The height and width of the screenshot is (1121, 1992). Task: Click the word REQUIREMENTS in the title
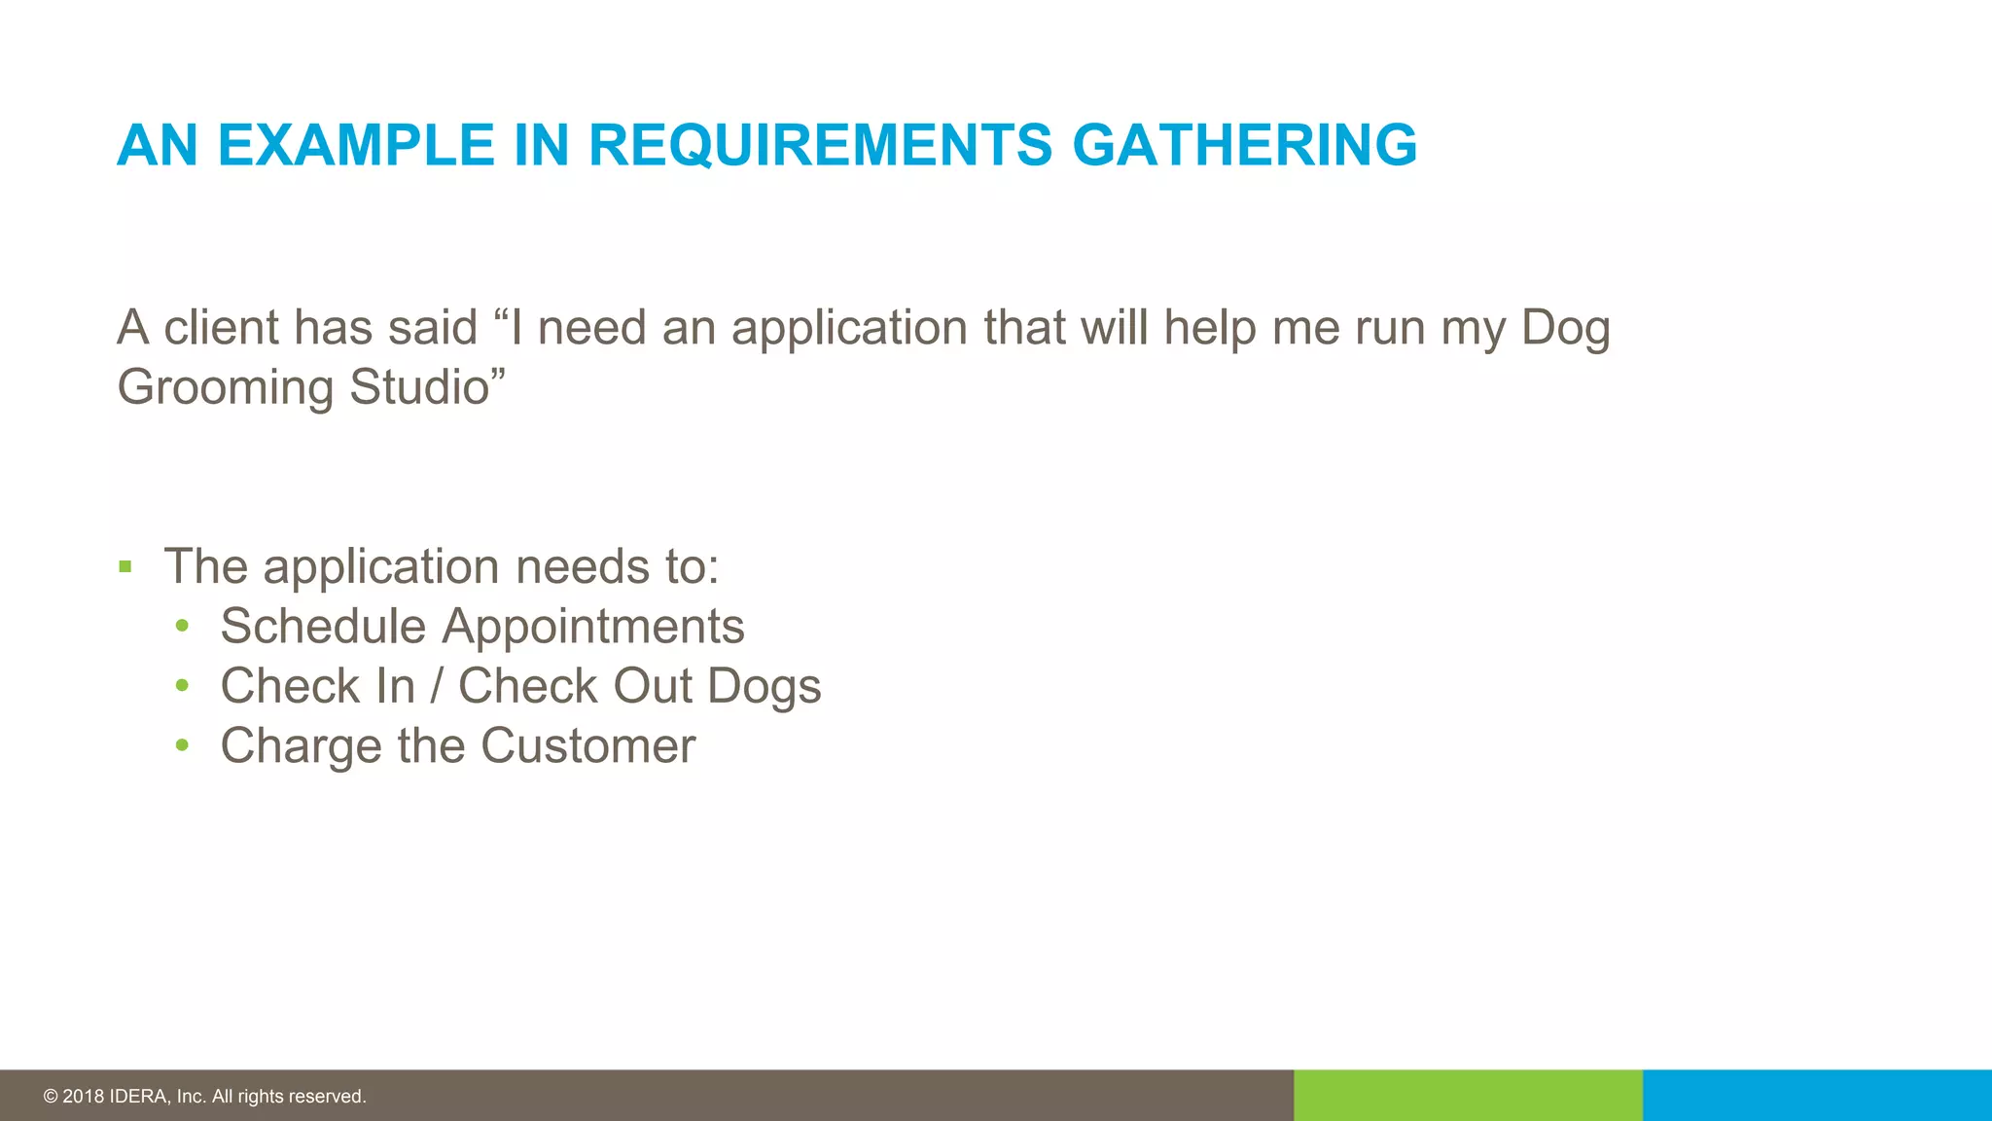[x=820, y=146]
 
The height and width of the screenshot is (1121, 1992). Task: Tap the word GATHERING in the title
[x=1244, y=146]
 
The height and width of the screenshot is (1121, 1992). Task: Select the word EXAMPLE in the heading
[x=356, y=146]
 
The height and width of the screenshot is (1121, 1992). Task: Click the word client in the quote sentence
[x=223, y=328]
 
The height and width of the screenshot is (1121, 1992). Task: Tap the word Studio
[x=419, y=386]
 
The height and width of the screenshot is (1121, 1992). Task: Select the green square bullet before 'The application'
[x=124, y=566]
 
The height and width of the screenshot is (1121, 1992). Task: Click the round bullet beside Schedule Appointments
[x=182, y=627]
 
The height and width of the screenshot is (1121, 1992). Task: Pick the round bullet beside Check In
[x=182, y=686]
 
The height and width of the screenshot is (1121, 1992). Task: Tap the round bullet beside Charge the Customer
[x=182, y=746]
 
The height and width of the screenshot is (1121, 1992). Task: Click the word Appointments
[x=593, y=627]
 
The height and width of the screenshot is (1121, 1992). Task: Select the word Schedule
[x=323, y=626]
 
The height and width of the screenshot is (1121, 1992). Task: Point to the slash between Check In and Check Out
[x=437, y=686]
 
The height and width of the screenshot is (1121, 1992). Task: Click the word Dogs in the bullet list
[x=764, y=687]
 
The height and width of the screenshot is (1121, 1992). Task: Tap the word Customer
[x=587, y=746]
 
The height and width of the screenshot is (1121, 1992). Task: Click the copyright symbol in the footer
[x=51, y=1097]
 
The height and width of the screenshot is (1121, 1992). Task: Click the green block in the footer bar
[x=1468, y=1096]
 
